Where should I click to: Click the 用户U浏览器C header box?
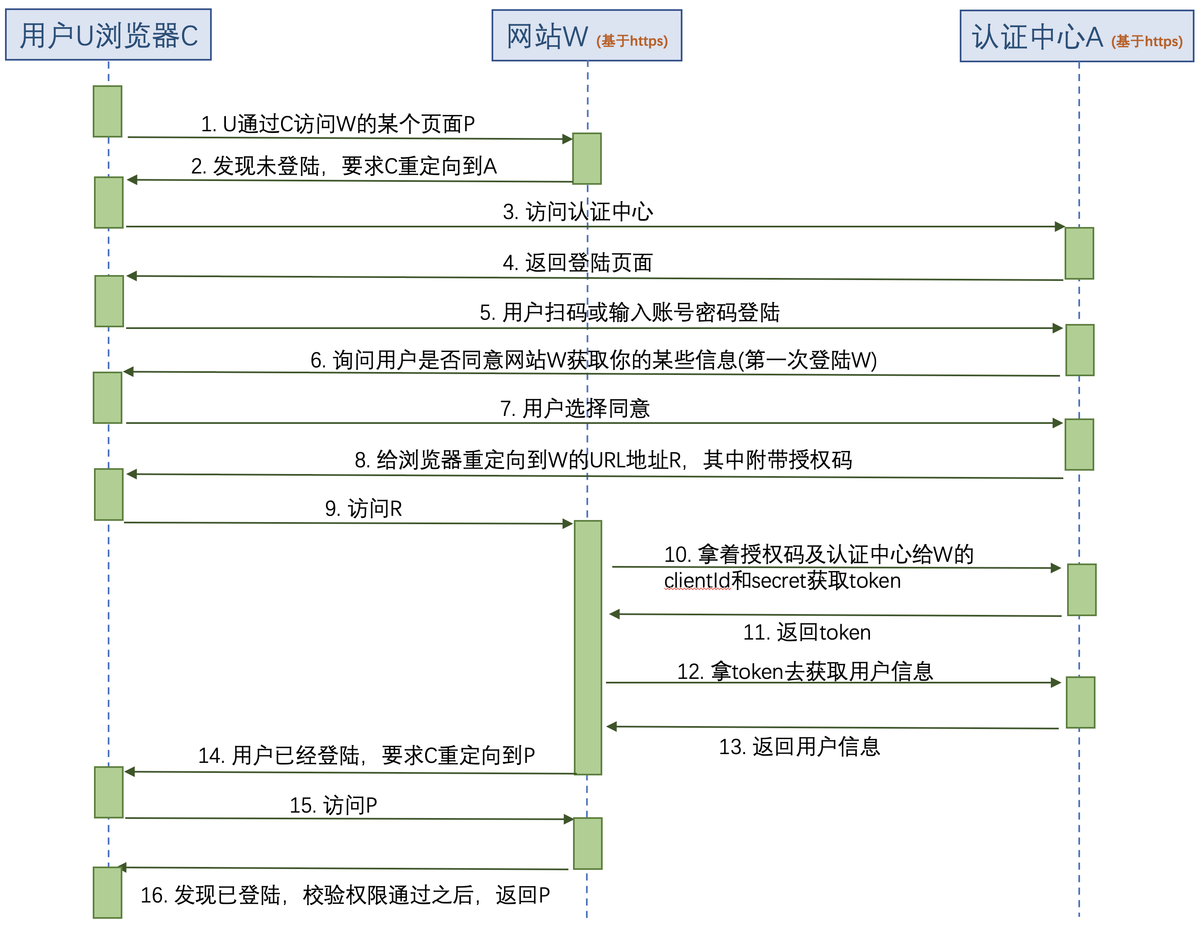pos(109,35)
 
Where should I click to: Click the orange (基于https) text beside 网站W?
pos(632,41)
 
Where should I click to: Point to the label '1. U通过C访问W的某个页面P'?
pos(337,124)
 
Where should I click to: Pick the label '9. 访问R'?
pos(363,508)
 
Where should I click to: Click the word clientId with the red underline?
pos(697,581)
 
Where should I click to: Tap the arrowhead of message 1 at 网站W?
pos(568,139)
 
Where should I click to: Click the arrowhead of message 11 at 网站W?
pos(615,614)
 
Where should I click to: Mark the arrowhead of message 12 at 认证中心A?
pos(1055,683)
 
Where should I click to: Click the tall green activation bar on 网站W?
pos(588,647)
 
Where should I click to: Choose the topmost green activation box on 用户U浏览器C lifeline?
pos(107,111)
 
